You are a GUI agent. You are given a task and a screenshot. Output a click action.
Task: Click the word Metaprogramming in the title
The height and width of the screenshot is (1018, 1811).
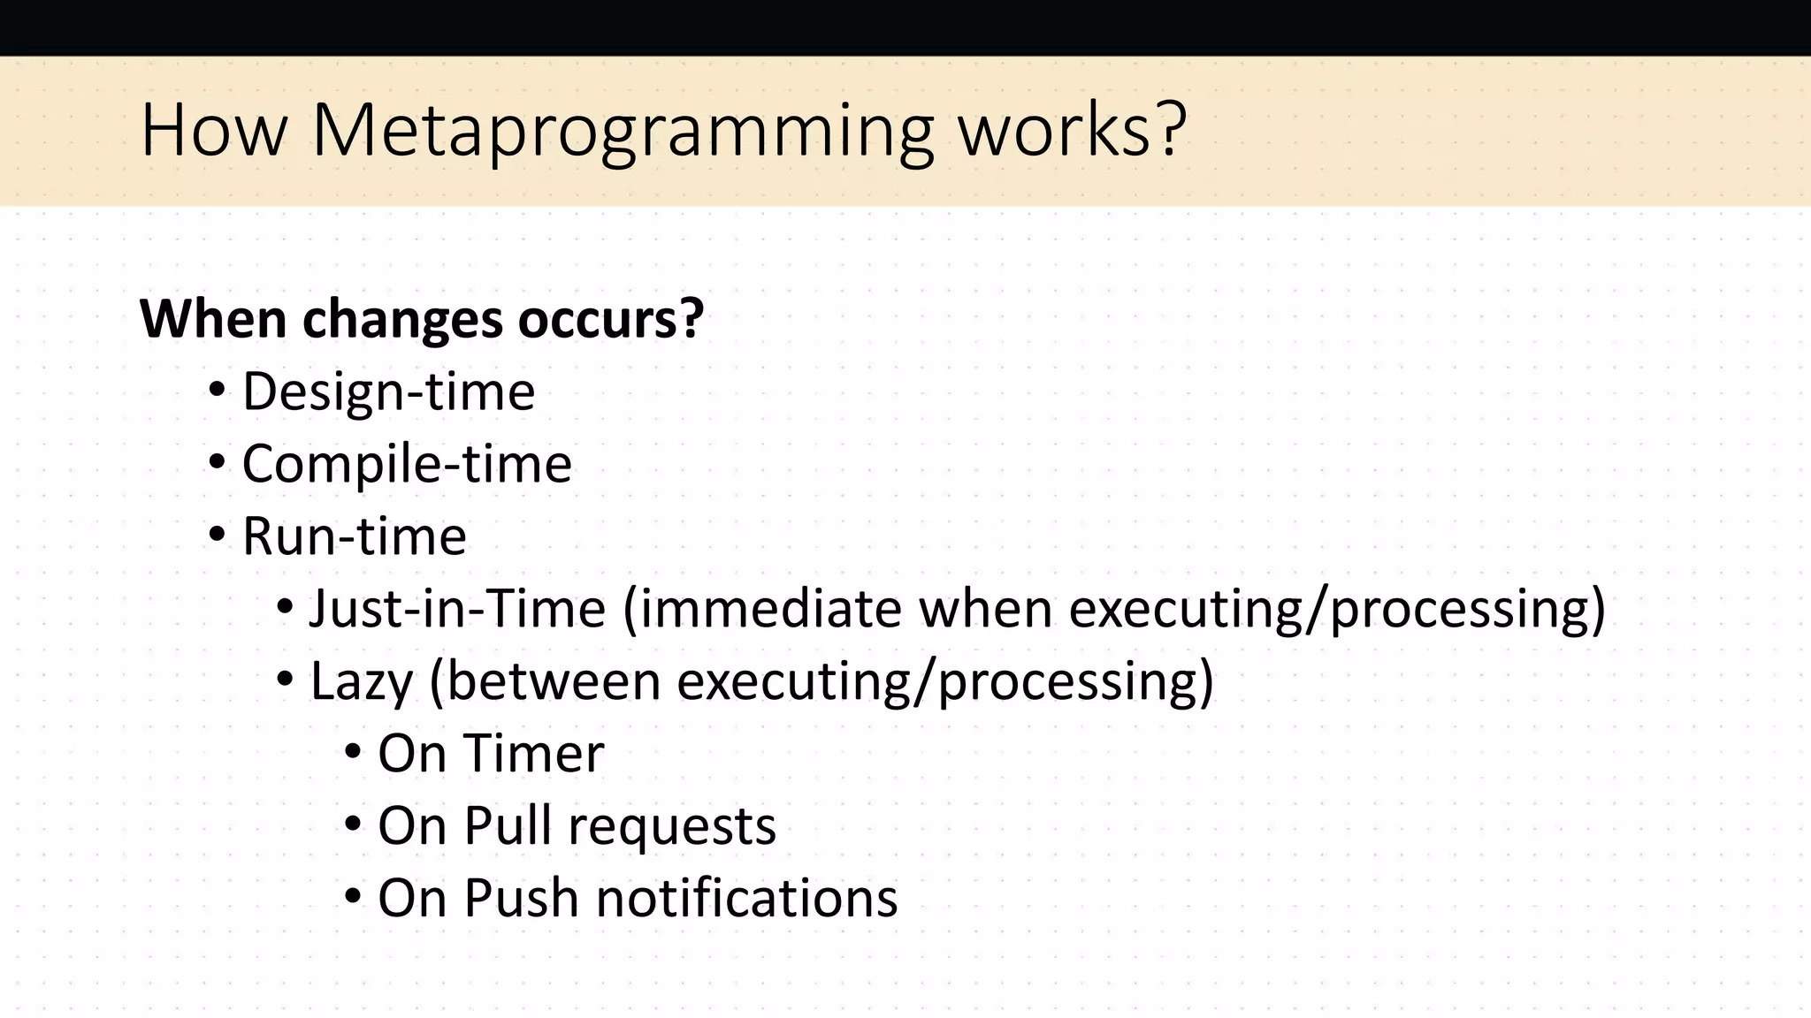(623, 131)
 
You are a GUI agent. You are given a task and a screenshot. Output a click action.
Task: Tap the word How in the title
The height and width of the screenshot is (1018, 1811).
(214, 131)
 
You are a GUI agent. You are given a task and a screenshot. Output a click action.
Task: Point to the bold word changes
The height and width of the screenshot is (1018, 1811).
(402, 320)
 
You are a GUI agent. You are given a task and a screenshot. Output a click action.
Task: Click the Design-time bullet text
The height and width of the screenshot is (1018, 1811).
(388, 391)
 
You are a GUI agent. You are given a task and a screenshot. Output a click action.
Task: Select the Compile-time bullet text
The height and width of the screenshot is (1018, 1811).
(407, 464)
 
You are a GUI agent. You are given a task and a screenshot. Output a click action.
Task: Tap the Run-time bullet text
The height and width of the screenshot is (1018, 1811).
(354, 536)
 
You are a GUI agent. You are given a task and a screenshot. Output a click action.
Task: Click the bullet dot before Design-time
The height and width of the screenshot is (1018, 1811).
(218, 391)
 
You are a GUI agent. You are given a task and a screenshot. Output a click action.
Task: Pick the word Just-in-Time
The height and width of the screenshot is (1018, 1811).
(457, 609)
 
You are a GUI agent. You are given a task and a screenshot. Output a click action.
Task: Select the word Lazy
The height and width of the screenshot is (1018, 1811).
(361, 682)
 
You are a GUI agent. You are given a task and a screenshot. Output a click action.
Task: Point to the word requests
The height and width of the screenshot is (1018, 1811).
(671, 827)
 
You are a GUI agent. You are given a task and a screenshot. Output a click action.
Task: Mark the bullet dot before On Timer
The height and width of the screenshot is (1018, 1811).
(353, 753)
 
